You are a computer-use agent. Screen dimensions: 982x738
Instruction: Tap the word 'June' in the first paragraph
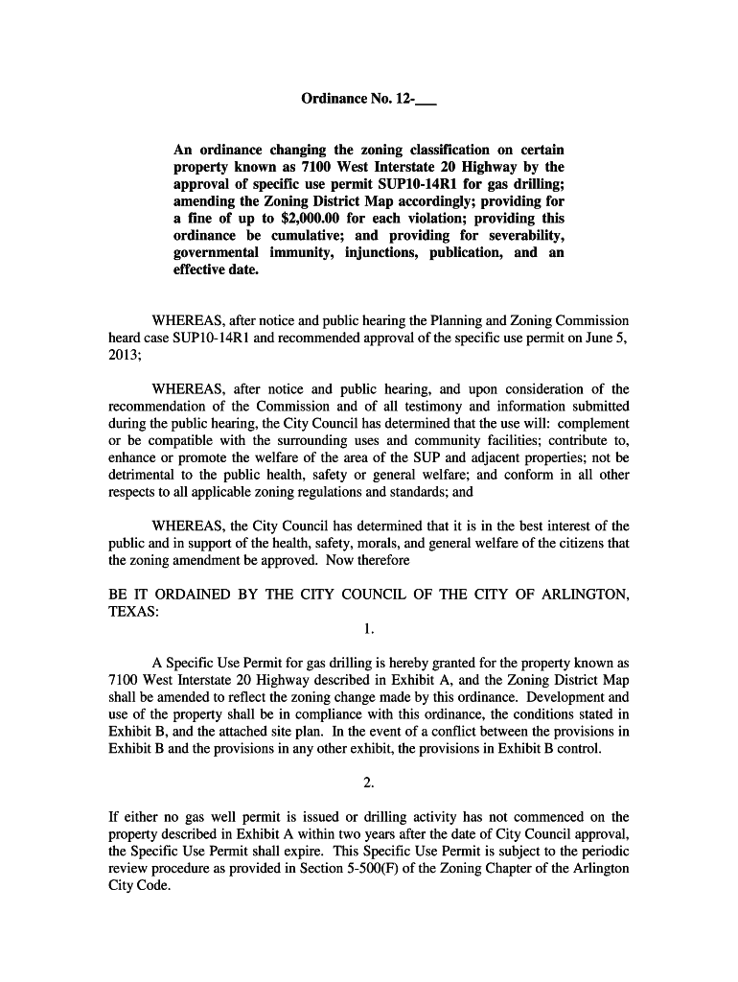(595, 338)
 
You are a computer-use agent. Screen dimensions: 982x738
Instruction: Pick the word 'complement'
(593, 424)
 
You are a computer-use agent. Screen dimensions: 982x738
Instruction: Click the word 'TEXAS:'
(133, 613)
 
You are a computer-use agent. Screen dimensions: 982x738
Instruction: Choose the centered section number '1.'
(369, 630)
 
